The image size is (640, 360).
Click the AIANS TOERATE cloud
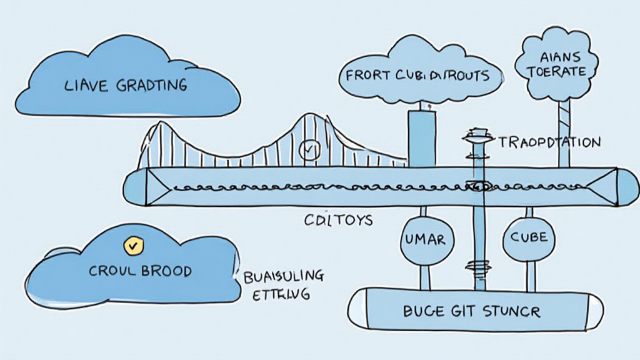point(556,65)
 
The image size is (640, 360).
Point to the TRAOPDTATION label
point(550,142)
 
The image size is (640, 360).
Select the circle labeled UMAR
point(425,238)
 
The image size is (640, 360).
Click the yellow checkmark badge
point(132,246)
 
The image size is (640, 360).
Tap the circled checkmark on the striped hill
point(309,150)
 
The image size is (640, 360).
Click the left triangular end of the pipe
point(156,186)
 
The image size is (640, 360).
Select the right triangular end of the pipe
point(604,186)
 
